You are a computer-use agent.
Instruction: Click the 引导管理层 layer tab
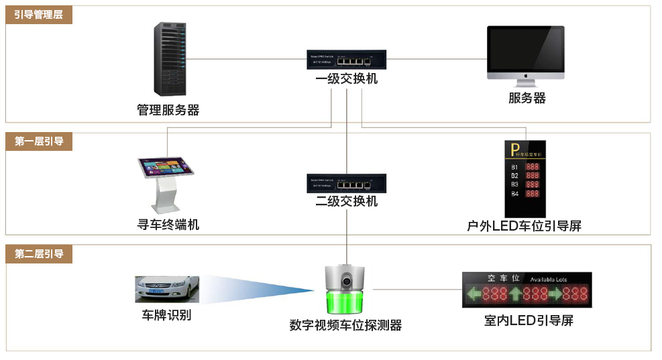[38, 14]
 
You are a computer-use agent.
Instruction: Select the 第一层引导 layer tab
[38, 141]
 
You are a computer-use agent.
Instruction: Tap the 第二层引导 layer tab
[38, 254]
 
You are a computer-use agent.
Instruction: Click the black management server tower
[168, 60]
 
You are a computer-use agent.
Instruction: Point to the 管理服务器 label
[168, 110]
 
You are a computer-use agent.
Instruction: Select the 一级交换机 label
[346, 79]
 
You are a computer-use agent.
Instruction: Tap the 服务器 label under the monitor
[527, 98]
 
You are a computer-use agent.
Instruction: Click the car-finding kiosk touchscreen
[166, 167]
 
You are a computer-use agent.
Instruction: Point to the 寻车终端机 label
[168, 225]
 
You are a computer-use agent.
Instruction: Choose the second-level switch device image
[346, 183]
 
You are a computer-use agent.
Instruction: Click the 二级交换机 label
[346, 201]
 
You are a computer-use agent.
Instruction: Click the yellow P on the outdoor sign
[515, 152]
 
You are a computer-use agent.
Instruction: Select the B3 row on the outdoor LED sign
[525, 184]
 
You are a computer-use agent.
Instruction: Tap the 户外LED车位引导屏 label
[524, 226]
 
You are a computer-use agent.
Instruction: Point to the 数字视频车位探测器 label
[345, 325]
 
